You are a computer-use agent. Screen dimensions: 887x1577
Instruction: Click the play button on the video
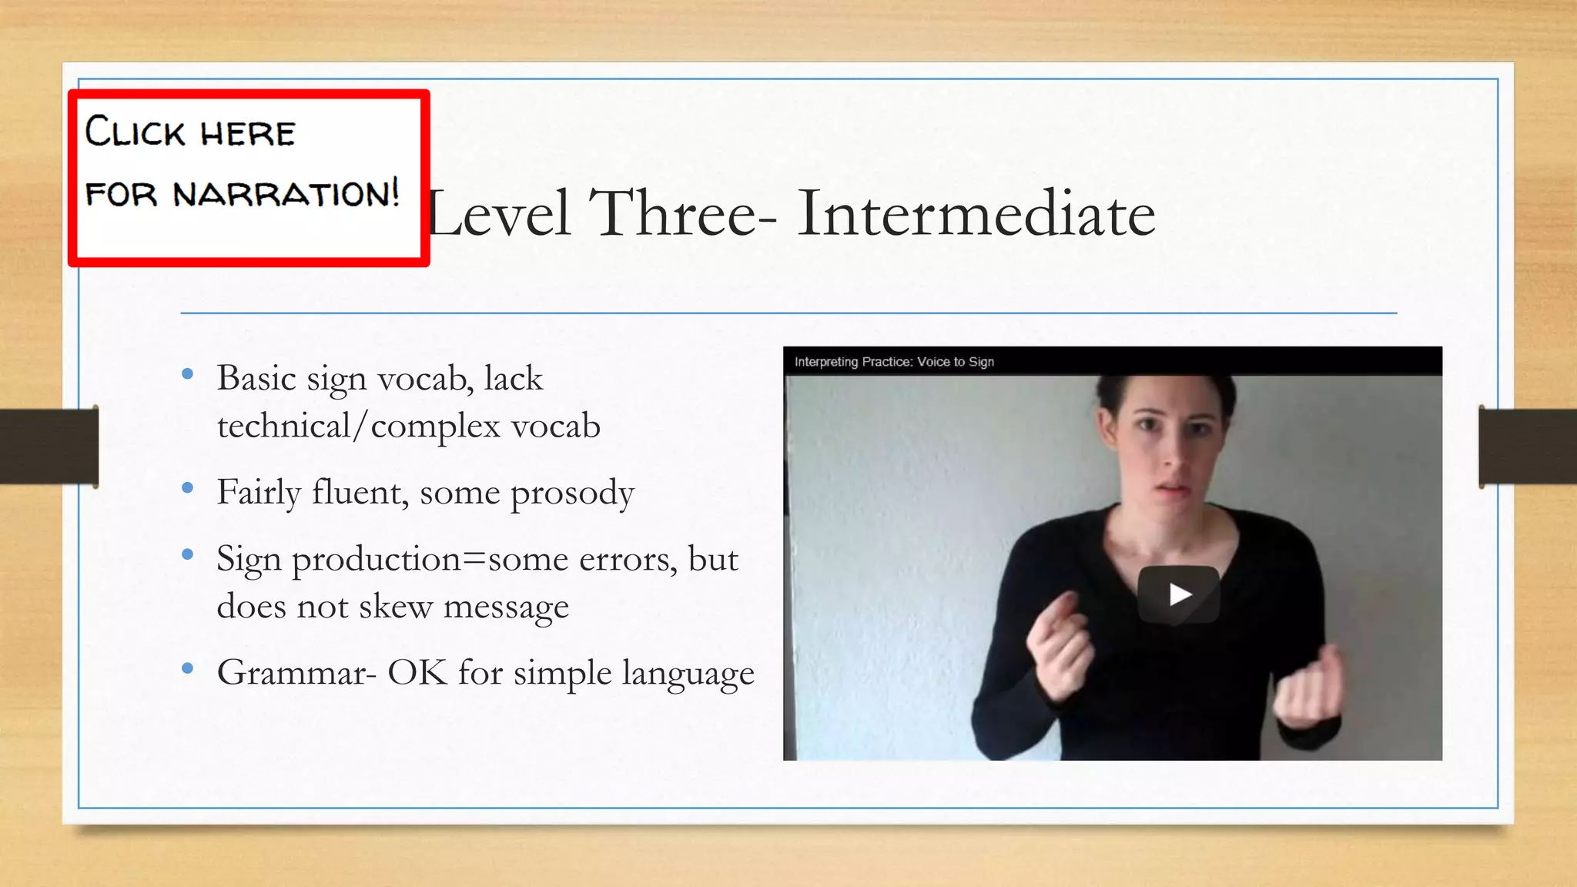(x=1179, y=594)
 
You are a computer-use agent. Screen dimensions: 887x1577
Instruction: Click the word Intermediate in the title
(x=976, y=213)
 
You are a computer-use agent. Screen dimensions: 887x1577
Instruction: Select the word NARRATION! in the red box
(x=286, y=193)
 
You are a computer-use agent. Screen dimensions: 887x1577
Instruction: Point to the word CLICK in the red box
(x=135, y=132)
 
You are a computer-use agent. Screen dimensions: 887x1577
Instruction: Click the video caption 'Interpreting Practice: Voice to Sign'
(x=894, y=362)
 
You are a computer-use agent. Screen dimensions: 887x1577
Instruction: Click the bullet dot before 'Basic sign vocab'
(x=187, y=376)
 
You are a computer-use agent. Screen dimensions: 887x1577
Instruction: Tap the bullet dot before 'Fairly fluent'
(x=187, y=488)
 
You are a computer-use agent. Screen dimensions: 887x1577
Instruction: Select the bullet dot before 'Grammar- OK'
(x=187, y=668)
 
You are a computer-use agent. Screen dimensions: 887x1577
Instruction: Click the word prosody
(x=572, y=494)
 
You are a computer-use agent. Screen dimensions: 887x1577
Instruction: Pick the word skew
(x=395, y=607)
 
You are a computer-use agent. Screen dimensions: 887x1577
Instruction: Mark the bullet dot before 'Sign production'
(x=187, y=554)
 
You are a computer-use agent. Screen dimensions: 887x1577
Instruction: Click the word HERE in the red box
(x=248, y=134)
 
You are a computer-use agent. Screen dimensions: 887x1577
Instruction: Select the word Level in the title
(x=500, y=213)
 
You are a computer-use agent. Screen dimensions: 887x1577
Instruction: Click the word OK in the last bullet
(x=417, y=673)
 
